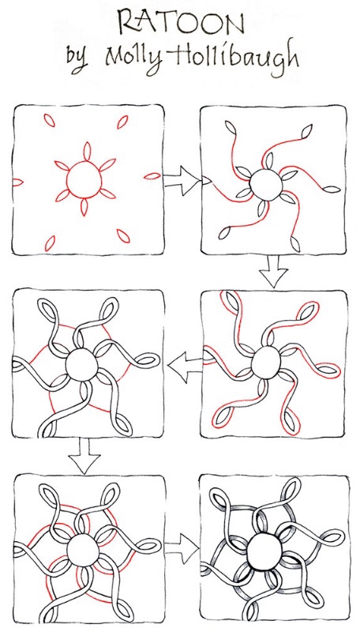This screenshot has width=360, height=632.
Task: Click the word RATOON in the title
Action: (181, 23)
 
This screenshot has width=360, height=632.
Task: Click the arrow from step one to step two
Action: (182, 181)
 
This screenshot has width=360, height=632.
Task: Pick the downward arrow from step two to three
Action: (273, 271)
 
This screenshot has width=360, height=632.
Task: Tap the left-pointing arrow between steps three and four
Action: (185, 367)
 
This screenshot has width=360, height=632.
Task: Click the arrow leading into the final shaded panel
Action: (182, 548)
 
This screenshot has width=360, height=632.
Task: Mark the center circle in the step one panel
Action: (84, 180)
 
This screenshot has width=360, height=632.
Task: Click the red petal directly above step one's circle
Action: (86, 152)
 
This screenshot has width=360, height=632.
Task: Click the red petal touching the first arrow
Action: (152, 175)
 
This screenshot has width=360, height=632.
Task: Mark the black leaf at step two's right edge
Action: (331, 189)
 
